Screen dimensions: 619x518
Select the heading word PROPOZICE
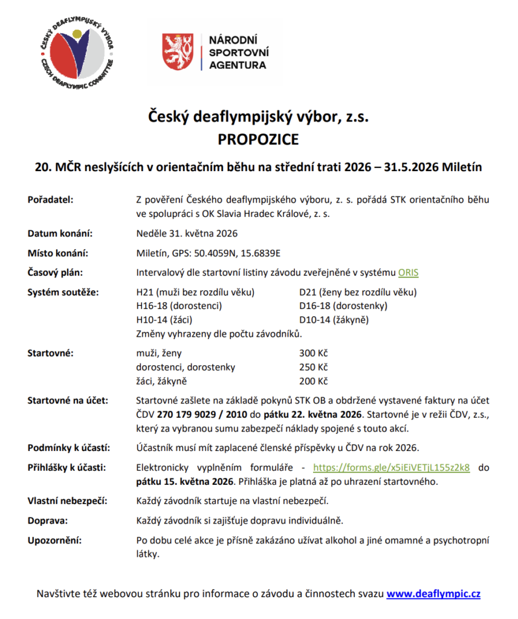(258, 140)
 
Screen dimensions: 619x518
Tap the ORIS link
(408, 273)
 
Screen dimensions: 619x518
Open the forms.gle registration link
(391, 467)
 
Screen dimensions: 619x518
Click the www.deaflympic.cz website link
(433, 594)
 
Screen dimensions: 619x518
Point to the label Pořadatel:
(50, 200)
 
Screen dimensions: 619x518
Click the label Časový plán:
(54, 273)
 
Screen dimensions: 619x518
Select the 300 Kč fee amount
(313, 353)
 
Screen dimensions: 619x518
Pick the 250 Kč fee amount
(313, 367)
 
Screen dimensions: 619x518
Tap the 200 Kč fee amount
(313, 381)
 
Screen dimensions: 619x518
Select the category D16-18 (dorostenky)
(343, 306)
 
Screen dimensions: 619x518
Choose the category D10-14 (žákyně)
(334, 320)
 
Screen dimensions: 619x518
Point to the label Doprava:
(47, 520)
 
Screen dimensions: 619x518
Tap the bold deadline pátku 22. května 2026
(324, 415)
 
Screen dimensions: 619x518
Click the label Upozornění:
(54, 540)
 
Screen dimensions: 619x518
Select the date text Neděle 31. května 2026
(187, 234)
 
